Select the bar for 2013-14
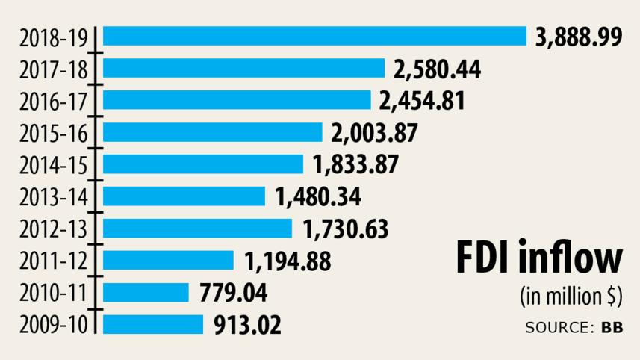184,196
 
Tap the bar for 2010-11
146,292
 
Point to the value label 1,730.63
344,229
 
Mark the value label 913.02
248,325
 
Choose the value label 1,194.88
288,261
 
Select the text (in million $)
570,297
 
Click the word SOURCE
559,327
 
